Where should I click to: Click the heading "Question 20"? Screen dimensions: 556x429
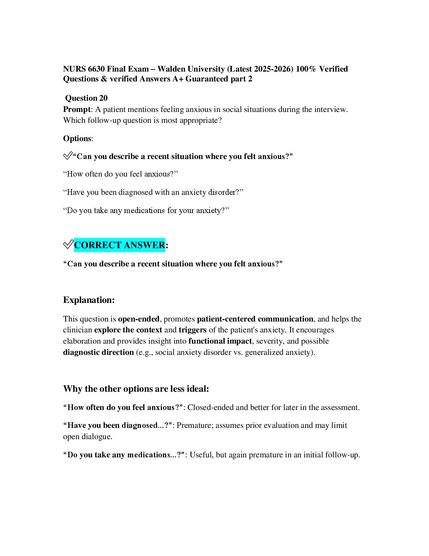click(x=86, y=98)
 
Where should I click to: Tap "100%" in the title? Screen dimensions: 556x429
click(x=306, y=69)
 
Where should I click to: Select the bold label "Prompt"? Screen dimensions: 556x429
click(x=77, y=109)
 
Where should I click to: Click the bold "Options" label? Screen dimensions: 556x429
click(x=77, y=138)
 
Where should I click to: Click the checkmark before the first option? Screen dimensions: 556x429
click(x=68, y=155)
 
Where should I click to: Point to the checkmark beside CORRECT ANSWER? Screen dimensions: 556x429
click(x=68, y=244)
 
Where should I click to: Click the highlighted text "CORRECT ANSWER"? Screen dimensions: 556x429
click(x=120, y=245)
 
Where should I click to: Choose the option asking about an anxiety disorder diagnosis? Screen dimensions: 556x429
click(x=153, y=192)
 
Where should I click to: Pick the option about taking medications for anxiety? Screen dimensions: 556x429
click(x=146, y=211)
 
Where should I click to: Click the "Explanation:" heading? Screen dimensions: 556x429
click(x=89, y=300)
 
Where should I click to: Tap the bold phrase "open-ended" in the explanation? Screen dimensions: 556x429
click(x=139, y=319)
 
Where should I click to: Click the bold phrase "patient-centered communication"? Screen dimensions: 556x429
click(x=255, y=319)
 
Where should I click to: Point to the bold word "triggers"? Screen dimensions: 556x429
click(x=192, y=330)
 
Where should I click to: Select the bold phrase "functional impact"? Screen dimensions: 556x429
click(x=220, y=341)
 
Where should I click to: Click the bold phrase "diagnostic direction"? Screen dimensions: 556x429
click(x=98, y=352)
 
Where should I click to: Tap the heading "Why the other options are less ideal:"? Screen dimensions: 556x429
click(x=136, y=389)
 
